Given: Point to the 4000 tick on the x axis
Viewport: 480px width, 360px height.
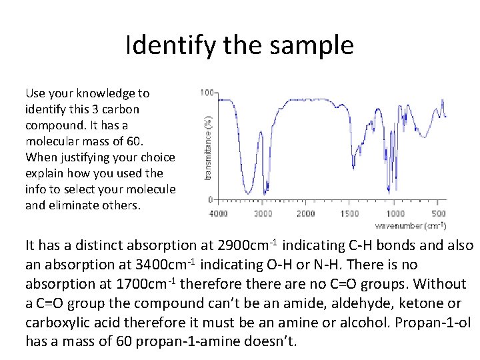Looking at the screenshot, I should (x=219, y=213).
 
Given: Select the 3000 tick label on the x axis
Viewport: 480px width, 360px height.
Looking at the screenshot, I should (x=263, y=213).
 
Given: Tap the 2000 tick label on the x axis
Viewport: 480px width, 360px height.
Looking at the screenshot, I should (x=306, y=213).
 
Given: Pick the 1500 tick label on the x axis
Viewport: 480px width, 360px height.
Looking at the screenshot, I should (x=350, y=213).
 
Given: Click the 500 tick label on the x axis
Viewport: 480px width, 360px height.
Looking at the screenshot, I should (x=438, y=213).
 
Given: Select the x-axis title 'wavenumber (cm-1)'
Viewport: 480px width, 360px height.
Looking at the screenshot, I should (x=410, y=225).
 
